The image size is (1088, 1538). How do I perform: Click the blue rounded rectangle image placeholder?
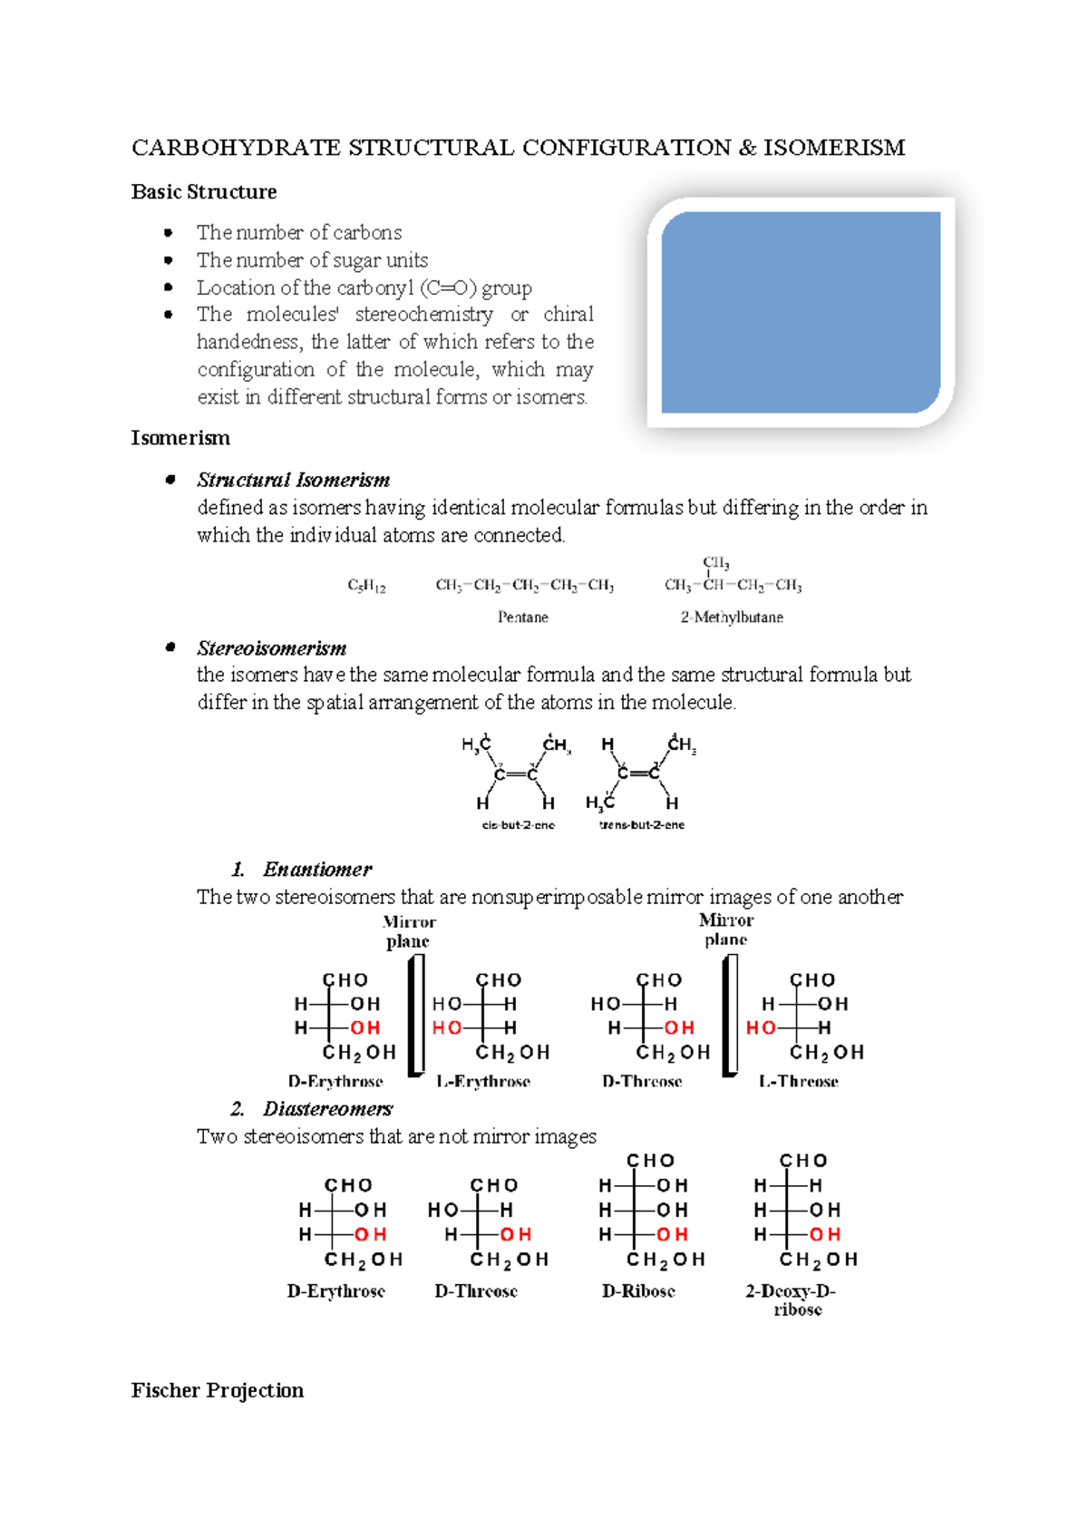(801, 312)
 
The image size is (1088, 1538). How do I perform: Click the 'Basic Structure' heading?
(204, 192)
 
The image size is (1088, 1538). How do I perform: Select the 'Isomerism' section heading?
(180, 438)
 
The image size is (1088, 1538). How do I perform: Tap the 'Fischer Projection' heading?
(218, 1390)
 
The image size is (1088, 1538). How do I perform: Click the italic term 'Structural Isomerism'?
(294, 480)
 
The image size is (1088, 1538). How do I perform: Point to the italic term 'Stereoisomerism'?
(272, 648)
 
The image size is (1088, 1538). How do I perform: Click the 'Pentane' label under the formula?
(523, 618)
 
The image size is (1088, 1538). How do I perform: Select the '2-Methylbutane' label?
(732, 618)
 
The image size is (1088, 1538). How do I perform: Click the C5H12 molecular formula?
(366, 586)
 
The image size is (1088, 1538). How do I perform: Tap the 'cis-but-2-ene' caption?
(519, 825)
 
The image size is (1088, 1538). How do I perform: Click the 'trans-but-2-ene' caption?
(642, 825)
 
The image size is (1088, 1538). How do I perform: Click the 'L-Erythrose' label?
(483, 1082)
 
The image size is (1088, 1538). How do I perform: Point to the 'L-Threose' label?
(799, 1082)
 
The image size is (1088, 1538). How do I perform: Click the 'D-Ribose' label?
(638, 1291)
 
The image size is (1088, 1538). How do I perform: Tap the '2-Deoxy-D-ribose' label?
(792, 1300)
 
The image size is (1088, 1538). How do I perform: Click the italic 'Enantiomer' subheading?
(317, 870)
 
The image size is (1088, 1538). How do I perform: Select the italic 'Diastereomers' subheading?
(327, 1109)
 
